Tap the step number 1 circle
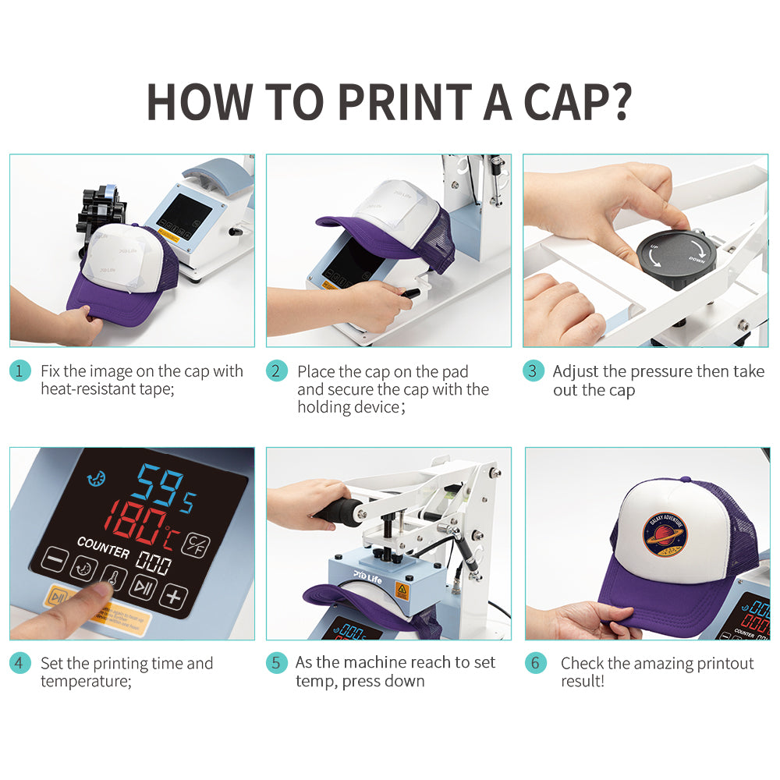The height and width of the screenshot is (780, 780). point(21,371)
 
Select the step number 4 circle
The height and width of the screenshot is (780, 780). point(21,664)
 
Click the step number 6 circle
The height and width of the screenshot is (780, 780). point(535,664)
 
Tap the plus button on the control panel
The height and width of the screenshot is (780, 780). point(174,597)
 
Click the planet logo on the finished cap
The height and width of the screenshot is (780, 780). point(665,535)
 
